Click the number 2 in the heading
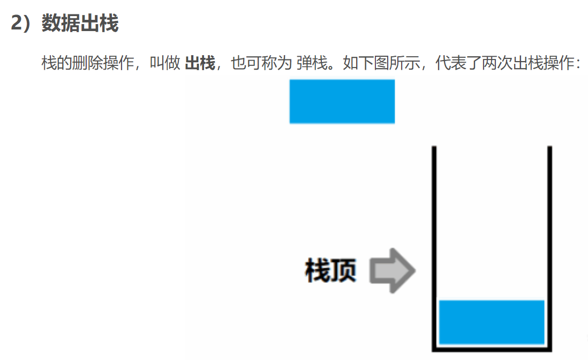tap(17, 24)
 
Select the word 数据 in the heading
tap(61, 24)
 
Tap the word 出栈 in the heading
tap(99, 24)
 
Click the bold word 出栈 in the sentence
tap(200, 64)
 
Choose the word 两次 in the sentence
tap(497, 64)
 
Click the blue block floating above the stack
tap(342, 101)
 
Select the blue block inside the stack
tap(492, 321)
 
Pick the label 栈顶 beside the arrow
tap(330, 271)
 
